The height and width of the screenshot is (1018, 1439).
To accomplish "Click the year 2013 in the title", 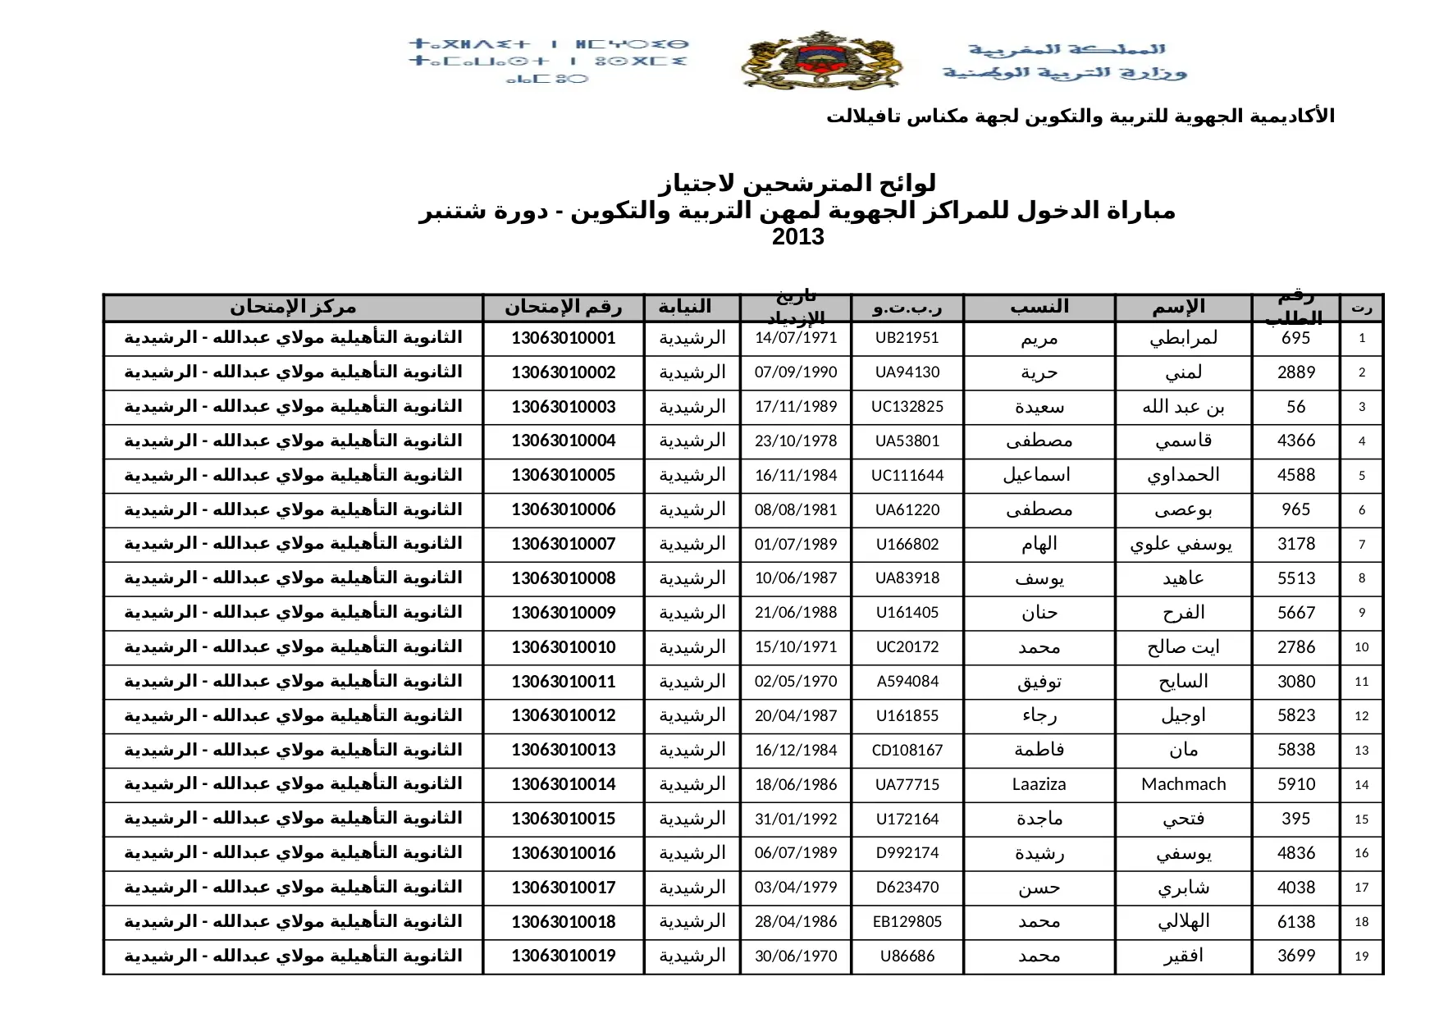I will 797,238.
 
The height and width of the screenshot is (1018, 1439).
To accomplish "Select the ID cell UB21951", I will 907,338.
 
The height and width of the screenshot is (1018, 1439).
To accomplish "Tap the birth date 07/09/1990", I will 796,372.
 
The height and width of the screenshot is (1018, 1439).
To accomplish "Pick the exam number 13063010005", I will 563,475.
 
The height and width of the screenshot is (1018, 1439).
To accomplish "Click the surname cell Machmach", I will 1183,784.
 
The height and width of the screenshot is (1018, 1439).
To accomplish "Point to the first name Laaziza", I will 1039,784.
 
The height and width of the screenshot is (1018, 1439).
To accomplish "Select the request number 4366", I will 1295,441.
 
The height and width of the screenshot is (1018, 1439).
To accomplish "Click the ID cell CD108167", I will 907,750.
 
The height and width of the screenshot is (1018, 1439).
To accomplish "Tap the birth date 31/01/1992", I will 796,819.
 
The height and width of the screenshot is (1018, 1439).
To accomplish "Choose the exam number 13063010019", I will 563,956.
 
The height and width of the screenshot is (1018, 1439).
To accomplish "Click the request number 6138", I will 1295,922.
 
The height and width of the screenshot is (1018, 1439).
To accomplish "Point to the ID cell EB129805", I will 907,922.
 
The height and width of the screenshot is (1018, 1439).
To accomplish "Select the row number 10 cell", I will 1361,647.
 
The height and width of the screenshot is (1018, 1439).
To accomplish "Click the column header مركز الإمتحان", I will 293,308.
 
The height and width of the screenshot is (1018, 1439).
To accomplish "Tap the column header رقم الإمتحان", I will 563,308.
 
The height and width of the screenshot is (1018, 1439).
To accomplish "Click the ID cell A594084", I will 907,682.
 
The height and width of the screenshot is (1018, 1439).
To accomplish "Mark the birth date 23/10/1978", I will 796,441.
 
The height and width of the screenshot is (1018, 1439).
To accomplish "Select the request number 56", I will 1295,407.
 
